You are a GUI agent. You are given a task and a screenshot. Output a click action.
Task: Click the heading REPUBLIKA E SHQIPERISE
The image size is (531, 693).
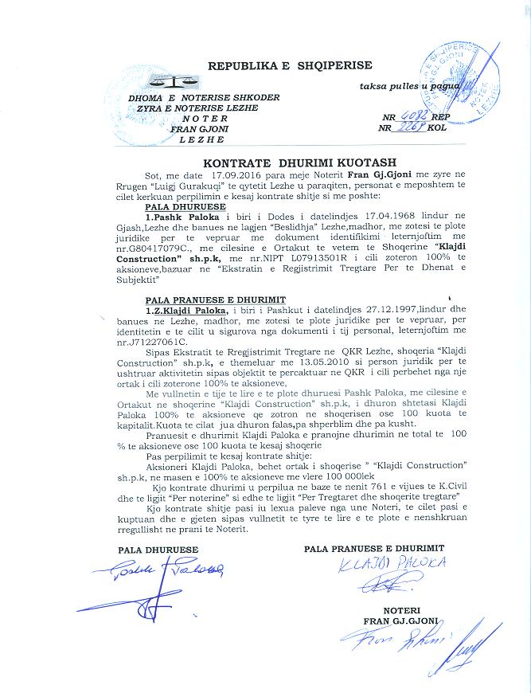pos(289,65)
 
